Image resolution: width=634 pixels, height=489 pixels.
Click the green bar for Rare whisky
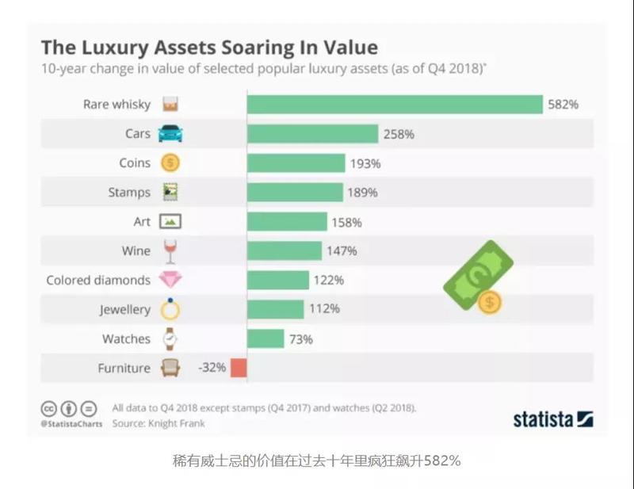395,105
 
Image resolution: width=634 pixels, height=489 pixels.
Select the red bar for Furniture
239,368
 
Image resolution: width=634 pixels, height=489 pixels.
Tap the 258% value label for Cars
398,134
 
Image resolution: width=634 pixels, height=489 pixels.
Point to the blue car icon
170,133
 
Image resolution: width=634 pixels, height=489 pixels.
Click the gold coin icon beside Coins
170,162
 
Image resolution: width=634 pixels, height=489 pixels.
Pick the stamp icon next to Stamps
170,192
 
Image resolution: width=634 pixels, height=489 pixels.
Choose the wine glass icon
170,251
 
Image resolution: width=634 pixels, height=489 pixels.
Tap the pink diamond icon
170,280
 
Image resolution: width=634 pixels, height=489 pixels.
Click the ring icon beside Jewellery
170,309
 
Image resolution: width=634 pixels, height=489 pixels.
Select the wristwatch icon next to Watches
170,338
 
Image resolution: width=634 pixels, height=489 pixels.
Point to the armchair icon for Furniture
170,368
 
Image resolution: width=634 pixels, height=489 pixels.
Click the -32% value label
212,368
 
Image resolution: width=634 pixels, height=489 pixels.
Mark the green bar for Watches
265,338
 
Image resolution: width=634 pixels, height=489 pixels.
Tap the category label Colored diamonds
98,280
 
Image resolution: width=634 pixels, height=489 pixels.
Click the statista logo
553,418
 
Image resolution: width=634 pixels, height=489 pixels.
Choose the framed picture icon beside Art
170,222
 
